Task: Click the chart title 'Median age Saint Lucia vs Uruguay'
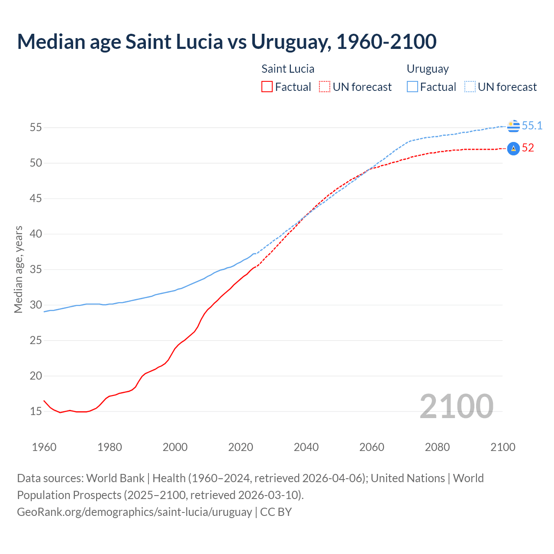(x=226, y=42)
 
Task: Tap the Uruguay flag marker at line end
(x=513, y=126)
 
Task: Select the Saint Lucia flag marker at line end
(x=513, y=148)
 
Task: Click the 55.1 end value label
(x=532, y=126)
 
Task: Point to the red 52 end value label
(x=528, y=148)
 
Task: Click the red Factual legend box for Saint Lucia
(x=267, y=87)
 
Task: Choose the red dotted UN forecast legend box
(x=325, y=87)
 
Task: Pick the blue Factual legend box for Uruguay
(x=412, y=87)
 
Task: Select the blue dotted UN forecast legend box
(x=470, y=87)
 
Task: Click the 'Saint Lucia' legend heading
(x=288, y=69)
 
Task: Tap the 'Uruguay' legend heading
(x=428, y=69)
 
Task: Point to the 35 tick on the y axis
(x=36, y=270)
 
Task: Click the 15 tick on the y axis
(x=36, y=411)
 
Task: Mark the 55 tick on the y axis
(x=36, y=128)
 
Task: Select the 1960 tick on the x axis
(x=44, y=447)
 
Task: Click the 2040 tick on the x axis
(x=306, y=447)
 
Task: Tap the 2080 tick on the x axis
(x=437, y=447)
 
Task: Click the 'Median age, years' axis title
(x=18, y=269)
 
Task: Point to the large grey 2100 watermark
(x=456, y=406)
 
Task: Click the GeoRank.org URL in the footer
(x=134, y=512)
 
